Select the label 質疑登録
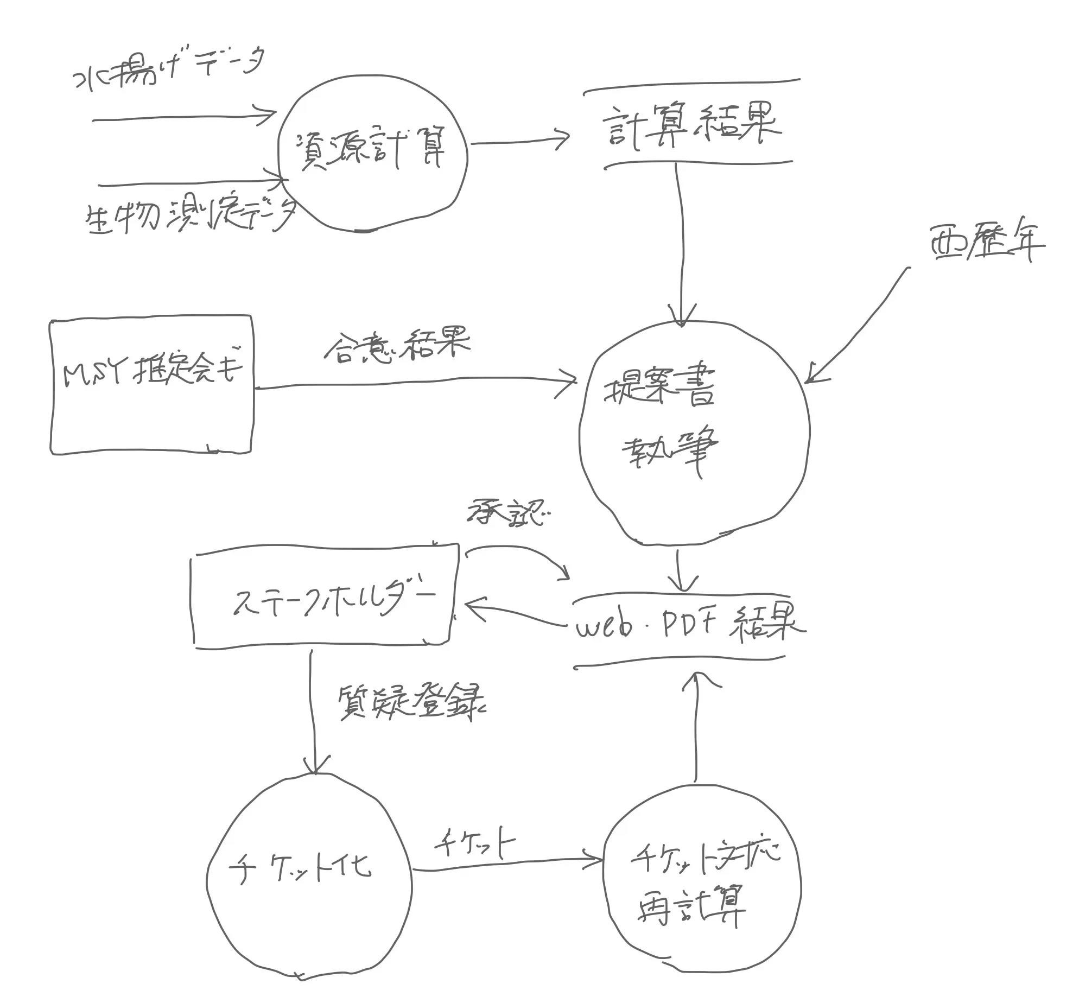click(x=411, y=703)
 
